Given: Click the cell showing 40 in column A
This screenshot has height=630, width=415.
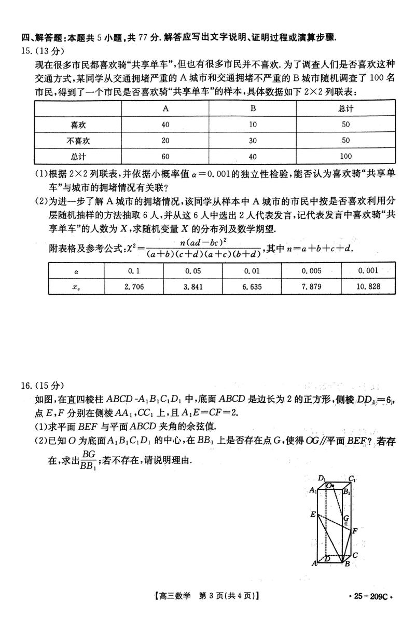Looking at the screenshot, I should pos(165,124).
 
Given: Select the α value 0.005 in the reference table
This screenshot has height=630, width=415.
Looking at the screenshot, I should pos(311,270).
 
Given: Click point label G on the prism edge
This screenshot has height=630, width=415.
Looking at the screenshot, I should pos(345,518).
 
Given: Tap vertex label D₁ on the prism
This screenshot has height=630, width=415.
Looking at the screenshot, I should pos(322,478).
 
